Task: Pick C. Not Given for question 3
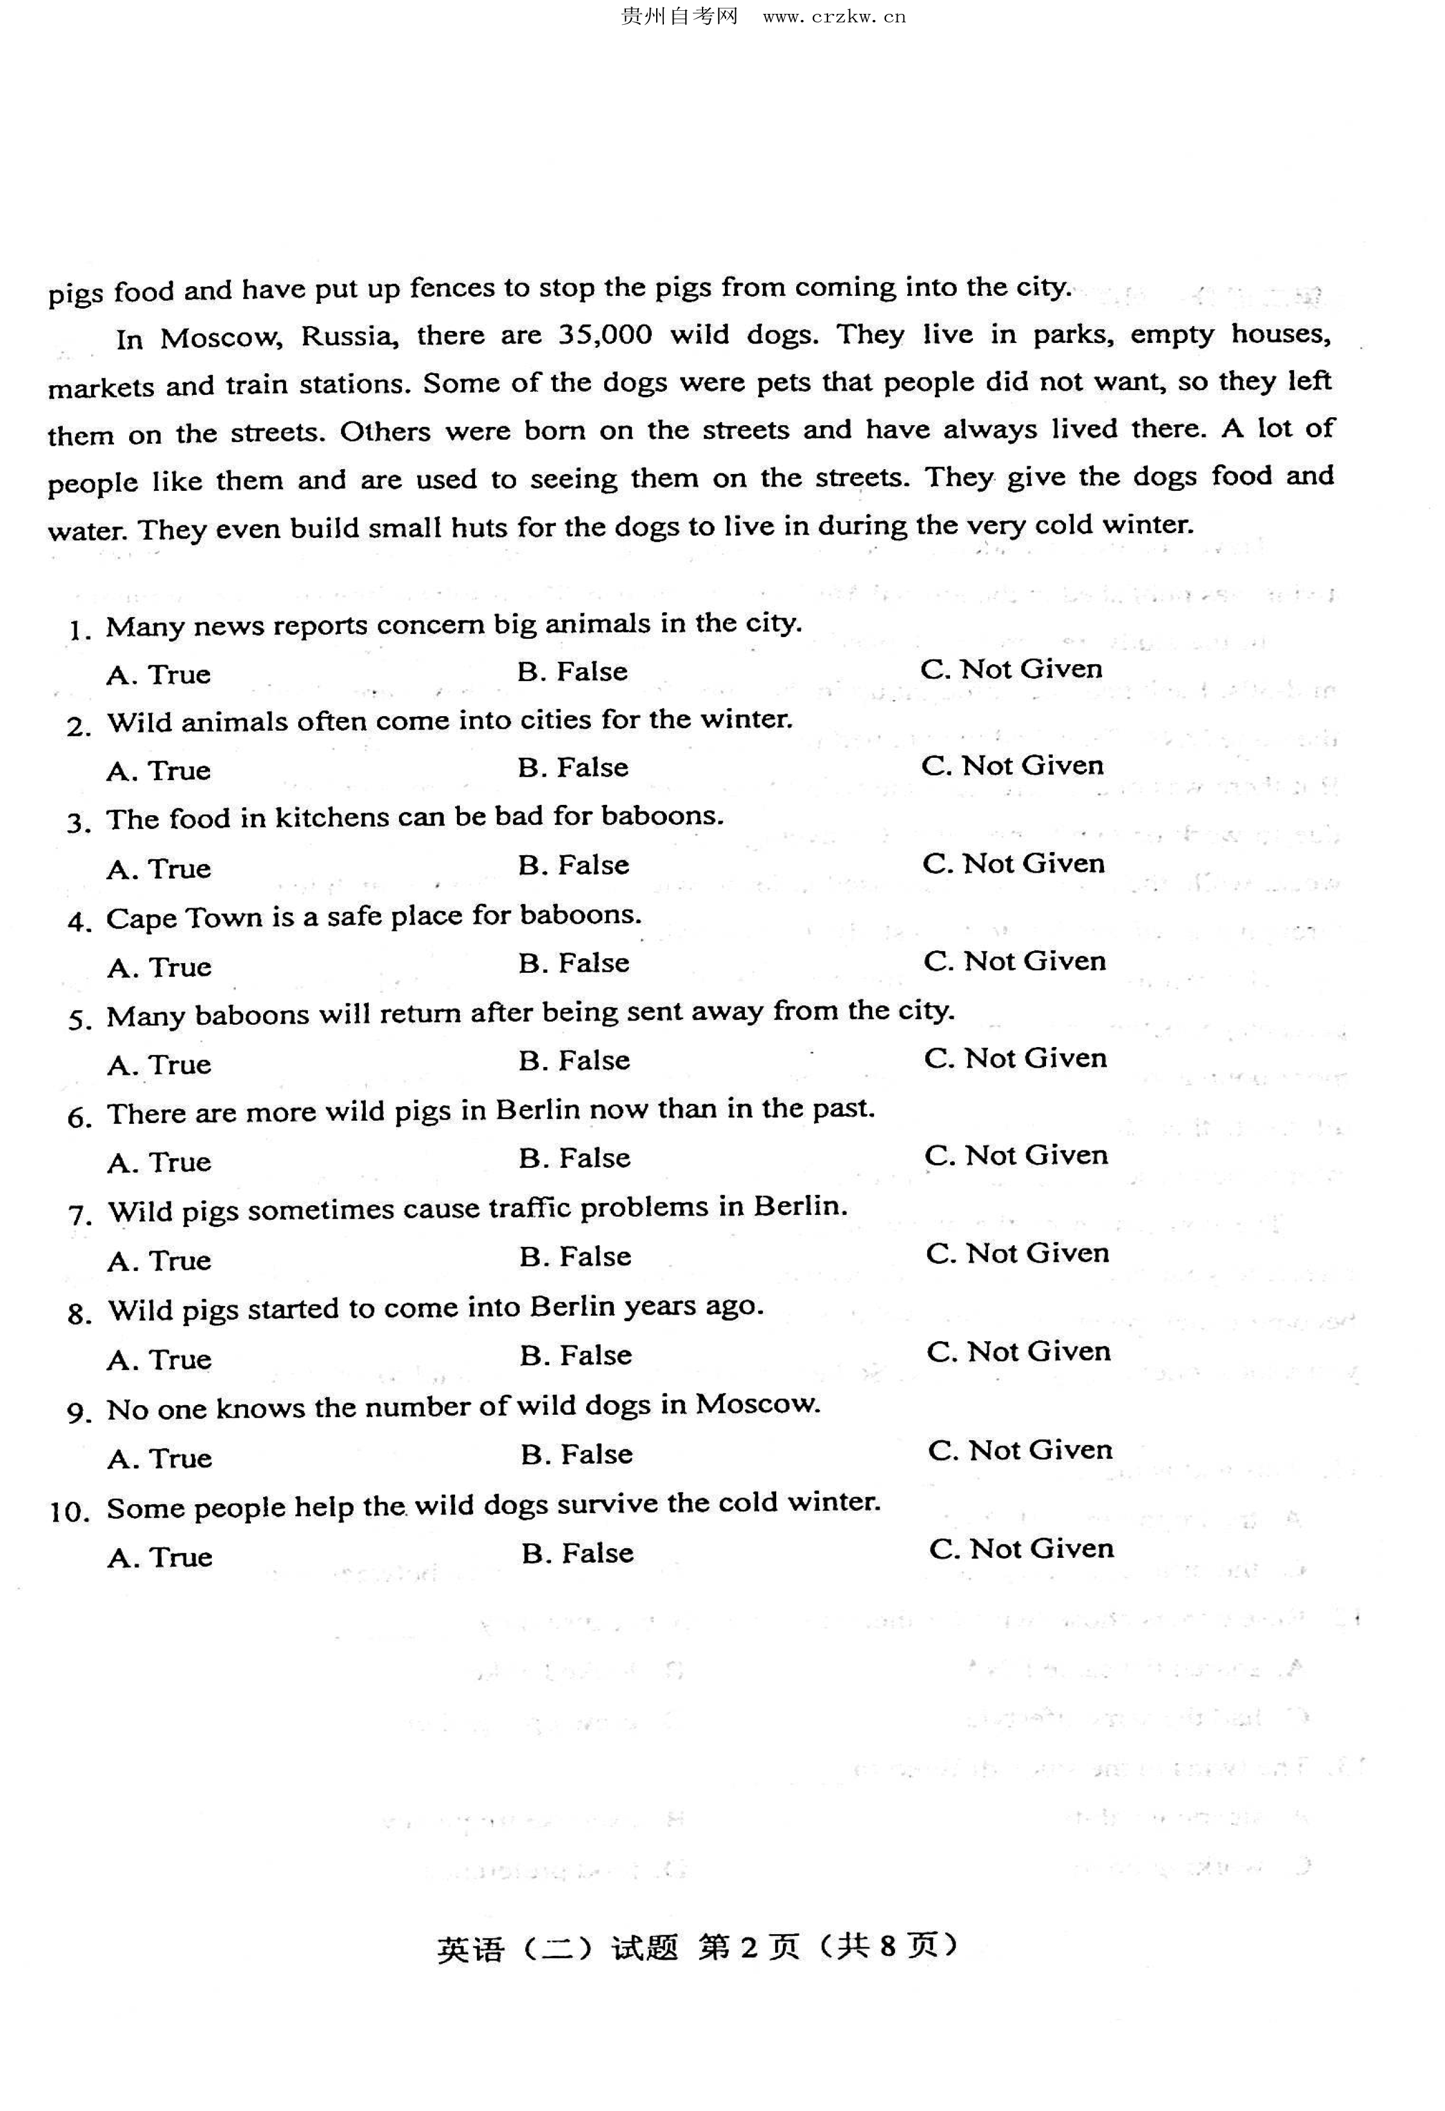[1013, 863]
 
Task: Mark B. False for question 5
[574, 1061]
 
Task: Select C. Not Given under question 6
[1016, 1155]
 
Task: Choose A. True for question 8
[159, 1360]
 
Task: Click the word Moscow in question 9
[758, 1405]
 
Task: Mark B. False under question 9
[576, 1454]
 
